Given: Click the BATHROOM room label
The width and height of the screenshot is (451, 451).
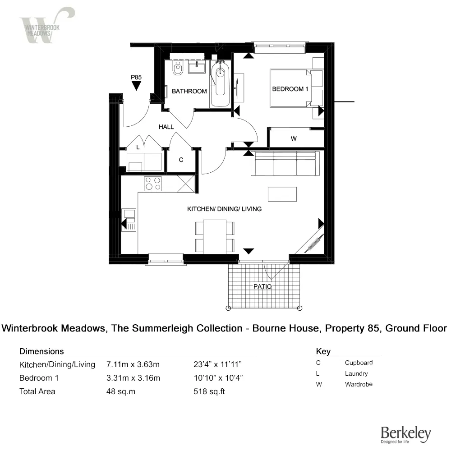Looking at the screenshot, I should point(189,91).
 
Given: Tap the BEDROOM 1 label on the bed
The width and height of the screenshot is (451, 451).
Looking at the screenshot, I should point(290,89).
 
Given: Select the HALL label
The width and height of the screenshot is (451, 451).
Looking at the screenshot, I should point(166,127).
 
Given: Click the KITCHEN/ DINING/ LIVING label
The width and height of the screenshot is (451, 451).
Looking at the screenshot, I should point(224,209).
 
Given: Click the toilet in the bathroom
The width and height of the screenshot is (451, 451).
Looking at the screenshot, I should point(178,69).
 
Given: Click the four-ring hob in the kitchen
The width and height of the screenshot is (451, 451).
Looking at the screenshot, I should point(153,183).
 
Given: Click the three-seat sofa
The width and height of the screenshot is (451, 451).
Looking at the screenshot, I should point(285,163).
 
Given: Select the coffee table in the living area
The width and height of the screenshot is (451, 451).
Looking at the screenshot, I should point(282,194).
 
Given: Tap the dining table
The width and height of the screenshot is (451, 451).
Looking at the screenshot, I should point(215,236).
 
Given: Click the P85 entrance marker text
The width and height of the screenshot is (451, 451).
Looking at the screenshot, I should point(136,78).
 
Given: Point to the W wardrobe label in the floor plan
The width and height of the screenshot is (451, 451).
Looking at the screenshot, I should point(294,138).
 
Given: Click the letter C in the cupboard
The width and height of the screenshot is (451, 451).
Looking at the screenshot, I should point(181,160).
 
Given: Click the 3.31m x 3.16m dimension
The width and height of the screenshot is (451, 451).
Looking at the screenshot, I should point(133,378).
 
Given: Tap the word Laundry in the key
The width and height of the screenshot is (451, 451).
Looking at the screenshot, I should point(356,373).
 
